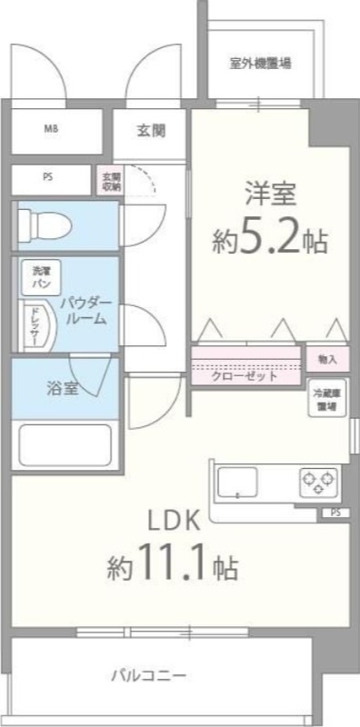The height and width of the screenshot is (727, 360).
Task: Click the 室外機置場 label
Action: pyautogui.click(x=260, y=64)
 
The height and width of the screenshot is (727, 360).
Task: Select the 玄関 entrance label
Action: pyautogui.click(x=151, y=130)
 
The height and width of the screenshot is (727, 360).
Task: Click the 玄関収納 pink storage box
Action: pyautogui.click(x=110, y=180)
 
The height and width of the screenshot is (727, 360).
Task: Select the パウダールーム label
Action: pyautogui.click(x=87, y=311)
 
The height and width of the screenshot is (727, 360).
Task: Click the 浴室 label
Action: pyautogui.click(x=63, y=389)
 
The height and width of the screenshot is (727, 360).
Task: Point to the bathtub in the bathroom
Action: pyautogui.click(x=64, y=445)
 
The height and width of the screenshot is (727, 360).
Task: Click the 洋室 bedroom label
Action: pyautogui.click(x=270, y=194)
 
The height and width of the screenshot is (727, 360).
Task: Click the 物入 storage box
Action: pyautogui.click(x=328, y=360)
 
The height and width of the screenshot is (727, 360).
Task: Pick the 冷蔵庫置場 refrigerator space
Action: pyautogui.click(x=327, y=401)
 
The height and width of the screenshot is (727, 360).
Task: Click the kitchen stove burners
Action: pyautogui.click(x=318, y=479)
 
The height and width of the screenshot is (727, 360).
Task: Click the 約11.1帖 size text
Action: pyautogui.click(x=173, y=568)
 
